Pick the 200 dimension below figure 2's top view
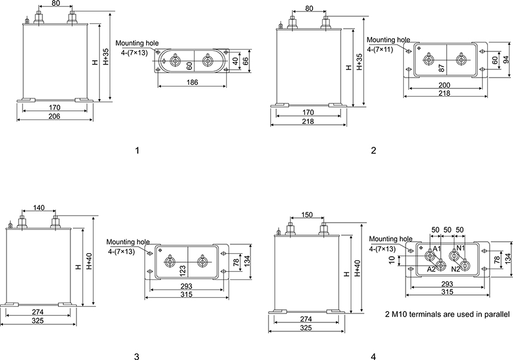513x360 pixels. pyautogui.click(x=444, y=85)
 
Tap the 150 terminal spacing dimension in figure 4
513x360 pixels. pyautogui.click(x=307, y=214)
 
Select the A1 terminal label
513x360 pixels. pyautogui.click(x=437, y=248)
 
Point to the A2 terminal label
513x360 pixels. pyautogui.click(x=431, y=269)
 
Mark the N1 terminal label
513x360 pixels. pyautogui.click(x=461, y=248)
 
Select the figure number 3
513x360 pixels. pyautogui.click(x=137, y=356)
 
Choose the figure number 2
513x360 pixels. pyautogui.click(x=374, y=150)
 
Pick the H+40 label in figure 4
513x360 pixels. pyautogui.click(x=357, y=272)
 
